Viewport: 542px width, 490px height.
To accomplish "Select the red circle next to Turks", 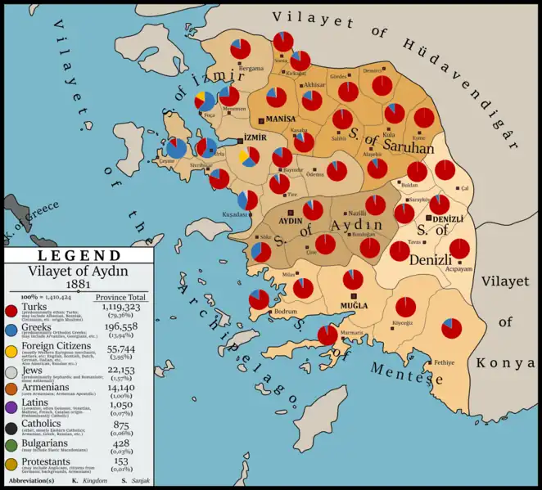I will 11,311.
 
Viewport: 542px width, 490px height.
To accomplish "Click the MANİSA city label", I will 281,119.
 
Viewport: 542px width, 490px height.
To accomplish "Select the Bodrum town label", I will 285,312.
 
